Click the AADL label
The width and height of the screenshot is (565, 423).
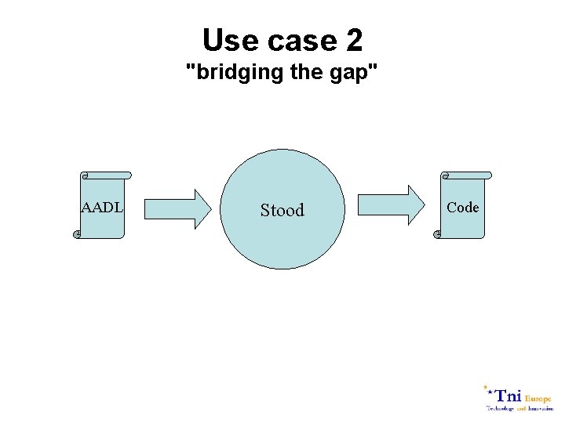tap(102, 208)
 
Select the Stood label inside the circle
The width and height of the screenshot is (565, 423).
tap(282, 210)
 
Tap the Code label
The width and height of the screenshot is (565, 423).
tap(462, 208)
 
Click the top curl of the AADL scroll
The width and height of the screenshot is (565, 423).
tap(85, 175)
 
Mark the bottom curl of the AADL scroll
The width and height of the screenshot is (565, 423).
tap(77, 234)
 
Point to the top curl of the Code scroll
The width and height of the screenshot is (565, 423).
tap(445, 175)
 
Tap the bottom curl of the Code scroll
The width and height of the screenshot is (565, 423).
tap(437, 234)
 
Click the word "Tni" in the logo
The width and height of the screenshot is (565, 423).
tap(508, 396)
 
